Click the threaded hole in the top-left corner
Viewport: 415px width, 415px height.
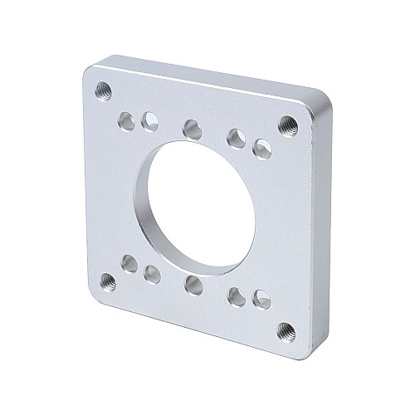click(104, 88)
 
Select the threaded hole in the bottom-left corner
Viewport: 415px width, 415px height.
click(107, 280)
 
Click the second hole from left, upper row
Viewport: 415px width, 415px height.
click(150, 121)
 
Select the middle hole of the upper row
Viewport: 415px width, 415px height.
click(192, 129)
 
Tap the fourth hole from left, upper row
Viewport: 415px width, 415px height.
click(237, 136)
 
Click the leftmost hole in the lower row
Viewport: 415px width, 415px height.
click(129, 265)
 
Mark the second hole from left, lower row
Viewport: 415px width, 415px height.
click(152, 273)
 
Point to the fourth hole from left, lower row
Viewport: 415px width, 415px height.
click(237, 294)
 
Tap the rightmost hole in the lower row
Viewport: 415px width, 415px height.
click(261, 297)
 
